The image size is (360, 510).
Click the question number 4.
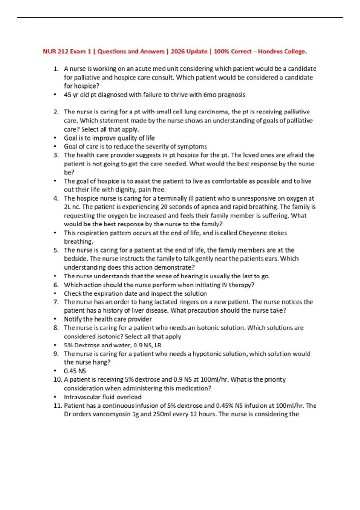[x=56, y=198]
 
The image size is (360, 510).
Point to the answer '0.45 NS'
[x=75, y=371]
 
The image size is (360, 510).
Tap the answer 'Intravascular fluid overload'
[x=103, y=397]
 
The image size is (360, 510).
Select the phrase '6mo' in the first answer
[x=210, y=95]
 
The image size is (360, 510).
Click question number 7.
[x=56, y=302]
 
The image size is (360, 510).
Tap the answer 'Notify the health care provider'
[x=108, y=319]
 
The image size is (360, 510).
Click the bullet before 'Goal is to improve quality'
[x=55, y=138]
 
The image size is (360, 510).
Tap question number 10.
[x=57, y=380]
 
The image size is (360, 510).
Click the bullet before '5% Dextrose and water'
[x=55, y=345]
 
